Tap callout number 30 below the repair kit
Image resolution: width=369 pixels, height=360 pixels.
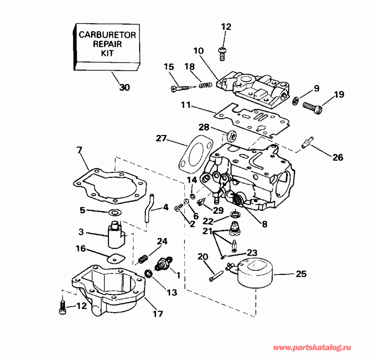click(124, 87)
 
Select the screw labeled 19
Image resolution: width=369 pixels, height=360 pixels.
click(313, 106)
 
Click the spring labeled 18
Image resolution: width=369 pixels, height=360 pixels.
click(205, 85)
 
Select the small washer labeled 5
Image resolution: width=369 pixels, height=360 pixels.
click(114, 212)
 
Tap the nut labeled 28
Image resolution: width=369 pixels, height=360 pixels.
click(230, 134)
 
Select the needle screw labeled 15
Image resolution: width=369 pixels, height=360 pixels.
click(180, 87)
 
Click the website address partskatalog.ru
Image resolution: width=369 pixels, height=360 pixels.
click(312, 348)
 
